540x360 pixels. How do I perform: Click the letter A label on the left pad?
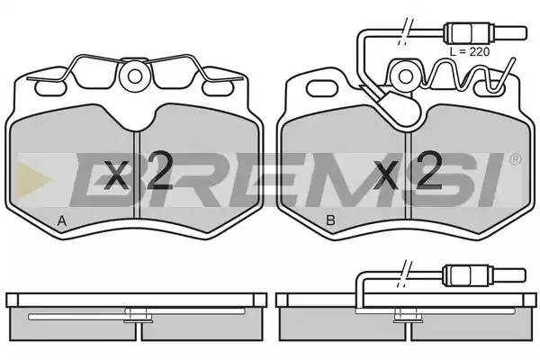tap(61, 221)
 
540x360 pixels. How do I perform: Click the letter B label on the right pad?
tap(330, 221)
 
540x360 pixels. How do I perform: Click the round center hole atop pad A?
tap(137, 77)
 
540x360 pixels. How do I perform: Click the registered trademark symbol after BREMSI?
tap(515, 159)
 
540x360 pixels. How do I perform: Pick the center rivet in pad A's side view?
tap(136, 315)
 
